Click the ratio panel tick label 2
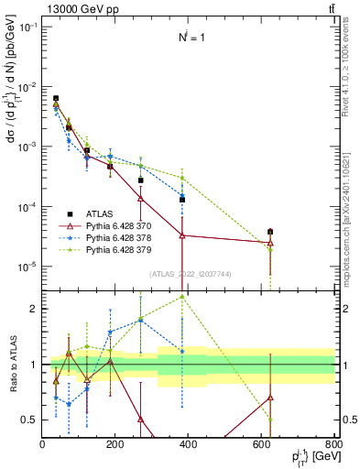click(33, 309)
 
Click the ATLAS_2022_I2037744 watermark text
click(190, 273)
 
